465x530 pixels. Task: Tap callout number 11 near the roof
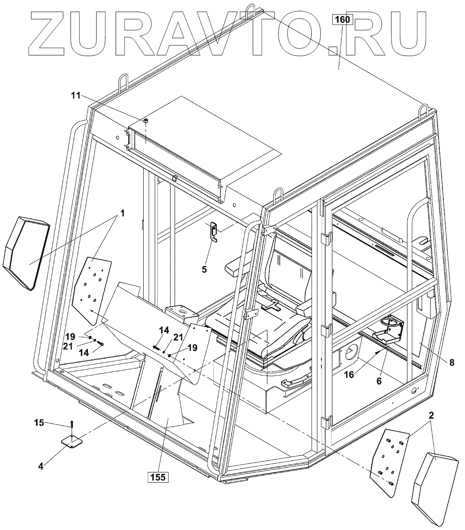76,95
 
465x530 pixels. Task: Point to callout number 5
204,269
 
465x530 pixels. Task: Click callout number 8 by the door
451,363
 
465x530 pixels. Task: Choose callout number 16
350,375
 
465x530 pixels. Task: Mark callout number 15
39,423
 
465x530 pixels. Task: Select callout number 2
431,415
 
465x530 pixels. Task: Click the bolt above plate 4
72,425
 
